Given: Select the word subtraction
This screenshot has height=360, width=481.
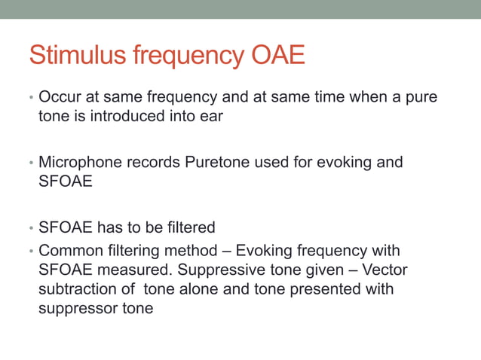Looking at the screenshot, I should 78,289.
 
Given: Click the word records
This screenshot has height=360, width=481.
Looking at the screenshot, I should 152,162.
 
